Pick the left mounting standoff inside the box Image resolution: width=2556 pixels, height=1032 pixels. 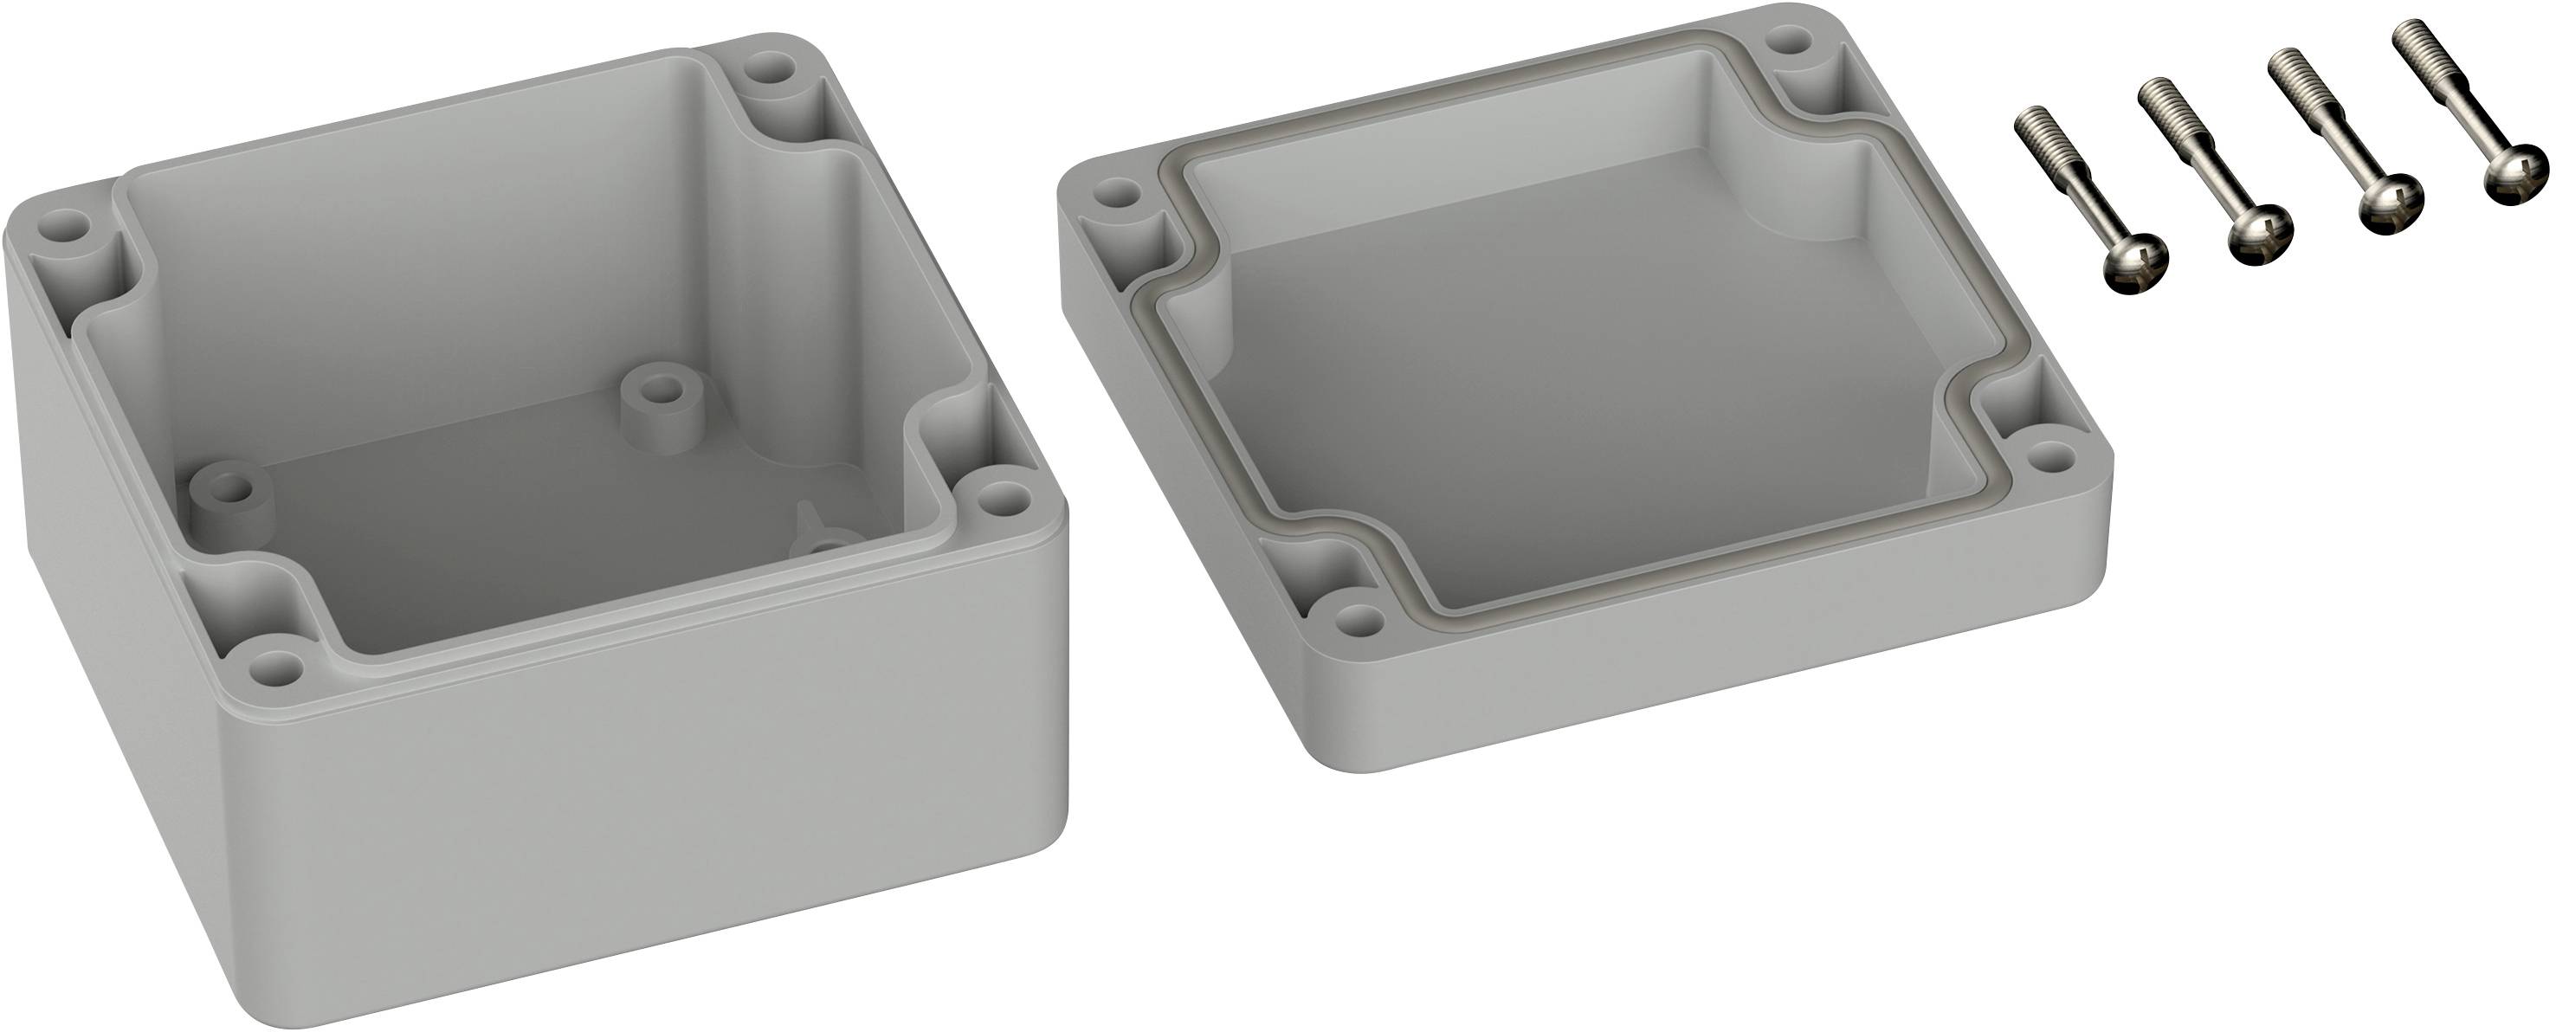pyautogui.click(x=230, y=490)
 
